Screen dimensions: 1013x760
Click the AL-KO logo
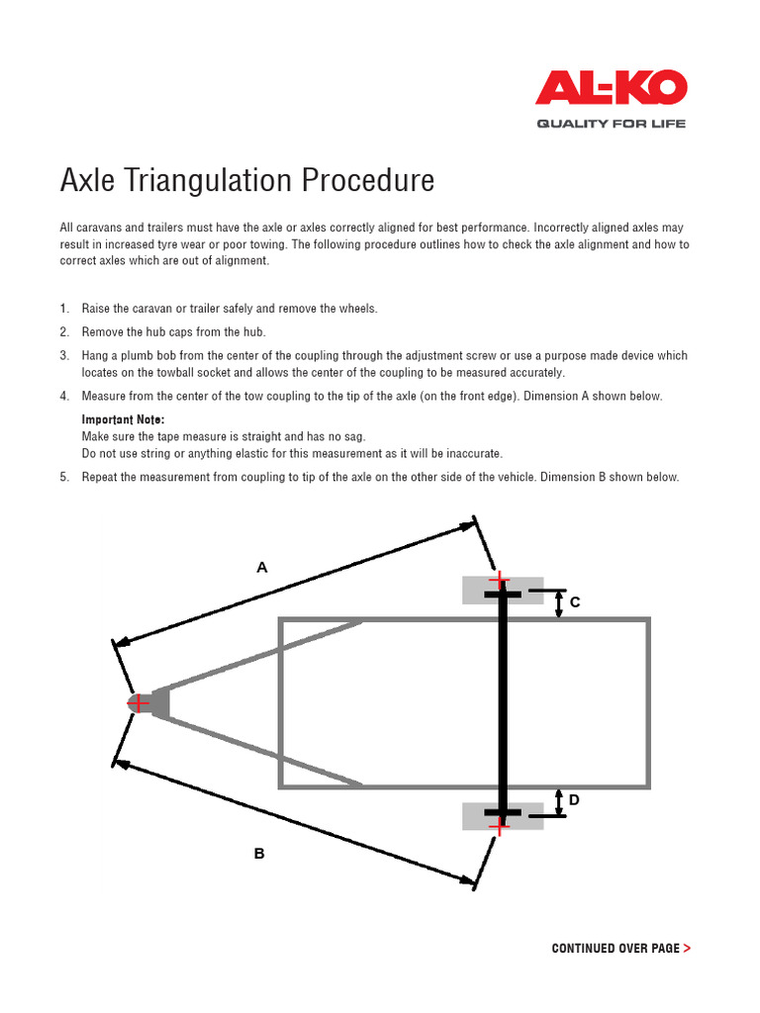(x=611, y=87)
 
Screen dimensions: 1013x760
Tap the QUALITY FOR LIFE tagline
(x=611, y=124)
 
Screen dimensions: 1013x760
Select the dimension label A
(x=262, y=568)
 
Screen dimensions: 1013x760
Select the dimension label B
(x=259, y=853)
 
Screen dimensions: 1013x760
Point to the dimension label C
(x=575, y=601)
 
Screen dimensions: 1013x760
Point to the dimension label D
(x=574, y=799)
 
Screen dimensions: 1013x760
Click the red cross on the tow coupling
(x=140, y=702)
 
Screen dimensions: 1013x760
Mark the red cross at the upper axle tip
(x=501, y=579)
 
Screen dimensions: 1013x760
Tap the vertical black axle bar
(x=503, y=702)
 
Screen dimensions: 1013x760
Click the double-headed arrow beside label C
(x=559, y=604)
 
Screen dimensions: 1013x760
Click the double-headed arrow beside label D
(x=559, y=802)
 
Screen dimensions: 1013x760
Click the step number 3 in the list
(x=64, y=355)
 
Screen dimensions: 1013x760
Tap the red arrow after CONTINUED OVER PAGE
(x=687, y=948)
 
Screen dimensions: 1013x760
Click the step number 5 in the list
(x=64, y=477)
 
